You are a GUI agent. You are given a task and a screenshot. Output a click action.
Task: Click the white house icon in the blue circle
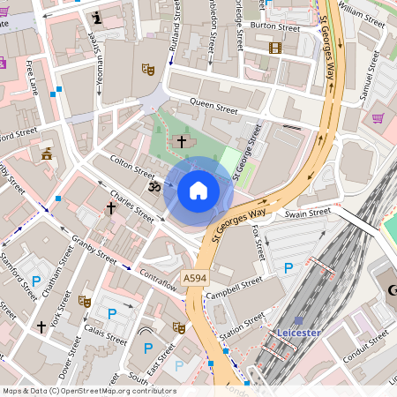pos(198,190)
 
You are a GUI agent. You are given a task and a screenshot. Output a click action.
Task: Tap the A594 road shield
pos(195,278)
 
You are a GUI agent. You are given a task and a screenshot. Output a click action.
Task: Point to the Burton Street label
pos(270,26)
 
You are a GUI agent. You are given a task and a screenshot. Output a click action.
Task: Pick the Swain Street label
pos(307,213)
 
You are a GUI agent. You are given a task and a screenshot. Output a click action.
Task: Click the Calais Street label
pos(105,334)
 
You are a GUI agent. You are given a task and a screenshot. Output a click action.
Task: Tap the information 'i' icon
pos(97,17)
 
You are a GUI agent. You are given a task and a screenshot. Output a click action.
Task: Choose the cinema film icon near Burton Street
pos(274,48)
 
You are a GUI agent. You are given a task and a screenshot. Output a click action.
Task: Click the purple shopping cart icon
pos(378,117)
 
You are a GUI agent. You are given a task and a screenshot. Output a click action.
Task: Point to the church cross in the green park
pos(183,140)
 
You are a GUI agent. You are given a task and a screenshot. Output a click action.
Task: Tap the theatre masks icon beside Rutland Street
pos(148,68)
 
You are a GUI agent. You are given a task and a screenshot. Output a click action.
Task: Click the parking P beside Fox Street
pos(288,267)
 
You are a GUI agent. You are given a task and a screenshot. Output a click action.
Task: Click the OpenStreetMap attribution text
pos(89,391)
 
